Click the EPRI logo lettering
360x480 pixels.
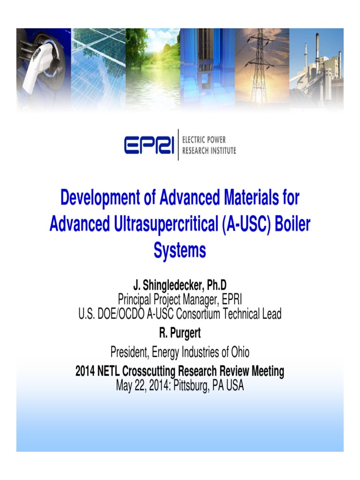pyautogui.click(x=149, y=145)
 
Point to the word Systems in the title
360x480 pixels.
pyautogui.click(x=180, y=250)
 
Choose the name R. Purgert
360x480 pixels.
pyautogui.click(x=180, y=333)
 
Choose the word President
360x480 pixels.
pyautogui.click(x=130, y=351)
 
